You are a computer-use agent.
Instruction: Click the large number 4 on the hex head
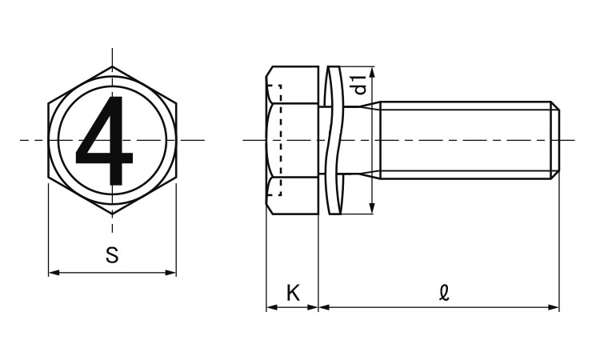point(104,140)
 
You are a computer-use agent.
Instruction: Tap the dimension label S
point(112,255)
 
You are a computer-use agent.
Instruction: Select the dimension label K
point(293,293)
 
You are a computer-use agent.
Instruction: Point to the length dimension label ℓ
point(444,294)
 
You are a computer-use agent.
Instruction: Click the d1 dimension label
point(361,85)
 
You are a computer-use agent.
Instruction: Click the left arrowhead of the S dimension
point(54,272)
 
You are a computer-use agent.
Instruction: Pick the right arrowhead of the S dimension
point(170,272)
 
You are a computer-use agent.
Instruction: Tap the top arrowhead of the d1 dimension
point(371,72)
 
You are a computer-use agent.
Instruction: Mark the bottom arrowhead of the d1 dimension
point(371,208)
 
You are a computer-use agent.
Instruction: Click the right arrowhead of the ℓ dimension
point(554,307)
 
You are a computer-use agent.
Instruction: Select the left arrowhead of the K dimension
point(272,307)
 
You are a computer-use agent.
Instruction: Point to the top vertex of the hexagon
point(112,67)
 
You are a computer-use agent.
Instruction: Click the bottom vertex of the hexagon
point(112,214)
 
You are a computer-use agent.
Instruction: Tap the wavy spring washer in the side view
point(332,140)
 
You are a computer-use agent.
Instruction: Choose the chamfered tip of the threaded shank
point(555,140)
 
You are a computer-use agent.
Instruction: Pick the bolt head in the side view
point(292,140)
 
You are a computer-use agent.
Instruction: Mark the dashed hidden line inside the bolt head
point(281,140)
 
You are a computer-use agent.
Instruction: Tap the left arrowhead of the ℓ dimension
point(325,307)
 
